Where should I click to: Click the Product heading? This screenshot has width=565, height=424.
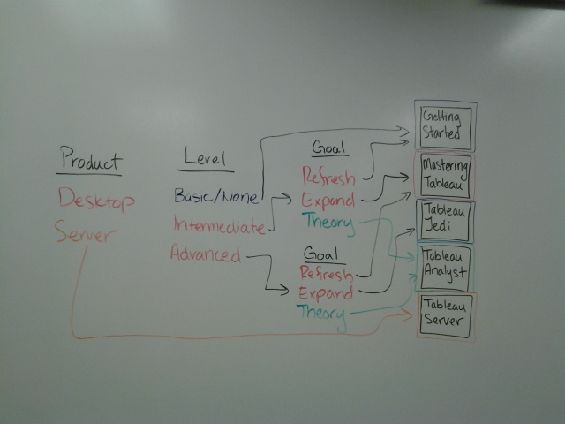pos(89,160)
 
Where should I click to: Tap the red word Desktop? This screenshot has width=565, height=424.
pos(96,201)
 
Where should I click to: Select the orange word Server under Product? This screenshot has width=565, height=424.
pos(86,232)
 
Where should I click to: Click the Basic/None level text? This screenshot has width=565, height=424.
pos(216,195)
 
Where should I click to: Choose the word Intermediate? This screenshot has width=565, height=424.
pos(219,227)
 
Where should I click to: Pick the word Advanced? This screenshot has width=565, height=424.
pos(205,256)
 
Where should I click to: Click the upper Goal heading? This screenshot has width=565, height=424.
pos(329,148)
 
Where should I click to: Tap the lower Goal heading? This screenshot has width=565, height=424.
pos(321,253)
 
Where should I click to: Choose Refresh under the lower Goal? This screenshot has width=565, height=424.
pos(326,272)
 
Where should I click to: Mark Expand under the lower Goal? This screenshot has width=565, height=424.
pos(326,292)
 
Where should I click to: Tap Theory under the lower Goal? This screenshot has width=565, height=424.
pos(321,312)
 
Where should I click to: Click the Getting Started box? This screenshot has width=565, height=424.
pos(446,125)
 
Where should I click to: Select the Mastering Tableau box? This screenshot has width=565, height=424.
pos(446,175)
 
